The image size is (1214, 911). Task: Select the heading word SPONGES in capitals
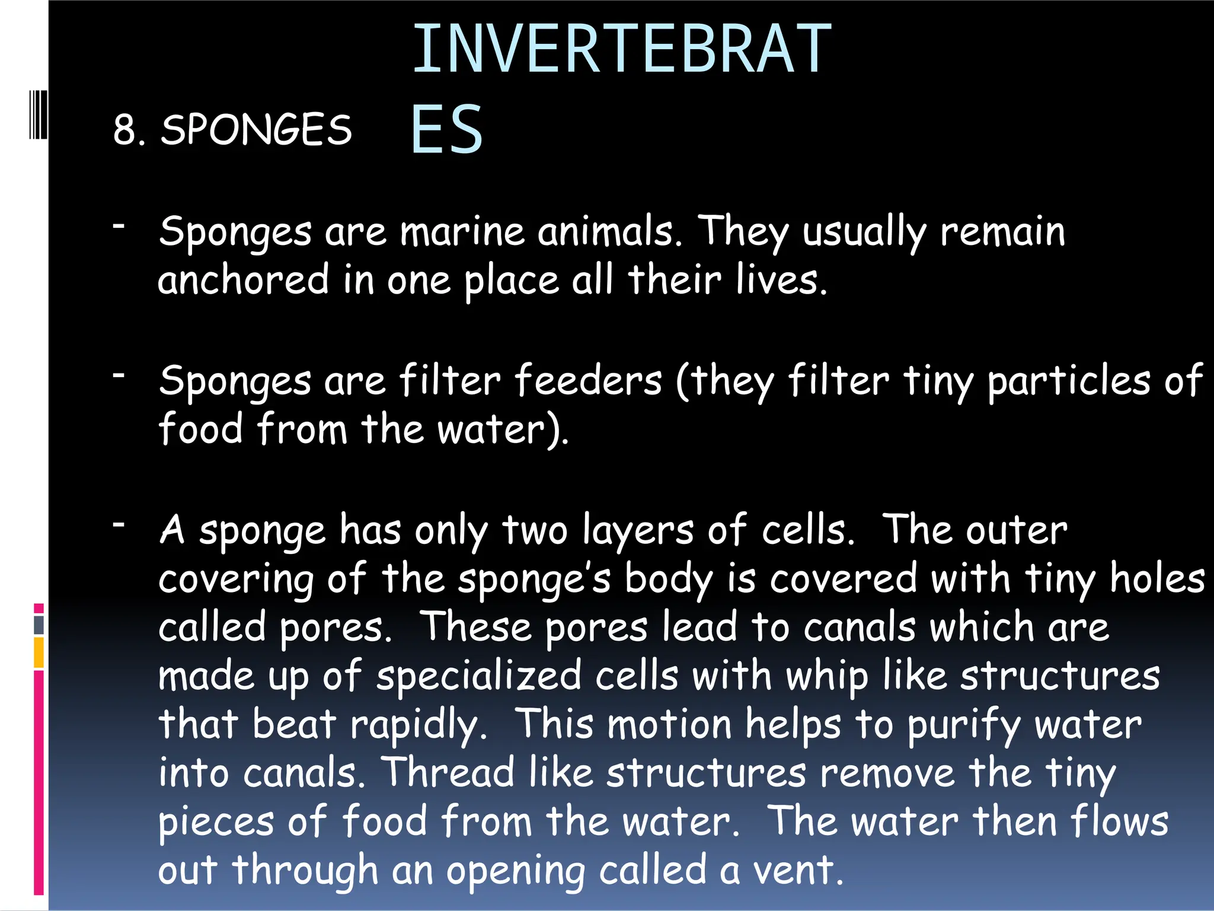pos(256,129)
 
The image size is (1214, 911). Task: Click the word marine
pos(462,231)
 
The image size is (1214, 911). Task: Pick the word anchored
pos(243,280)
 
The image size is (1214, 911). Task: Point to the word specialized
pos(479,677)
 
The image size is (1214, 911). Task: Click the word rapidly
pos(418,725)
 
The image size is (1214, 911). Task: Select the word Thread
pos(448,773)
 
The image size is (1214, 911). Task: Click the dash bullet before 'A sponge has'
pos(119,524)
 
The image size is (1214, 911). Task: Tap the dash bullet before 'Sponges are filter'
pos(119,375)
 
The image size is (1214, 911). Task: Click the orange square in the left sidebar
pos(39,652)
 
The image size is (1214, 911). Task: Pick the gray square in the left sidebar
pos(39,625)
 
